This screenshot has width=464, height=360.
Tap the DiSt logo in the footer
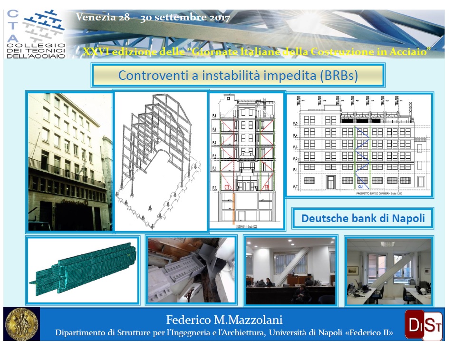tap(423, 324)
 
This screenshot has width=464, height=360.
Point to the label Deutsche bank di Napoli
tap(363, 219)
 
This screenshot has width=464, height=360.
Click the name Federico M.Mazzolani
tap(224, 319)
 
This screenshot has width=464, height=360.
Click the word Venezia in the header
tap(95, 18)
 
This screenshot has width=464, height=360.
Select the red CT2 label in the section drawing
tap(227, 187)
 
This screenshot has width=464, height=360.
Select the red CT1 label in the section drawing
tap(267, 187)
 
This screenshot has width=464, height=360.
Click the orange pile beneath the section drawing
tap(233, 209)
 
